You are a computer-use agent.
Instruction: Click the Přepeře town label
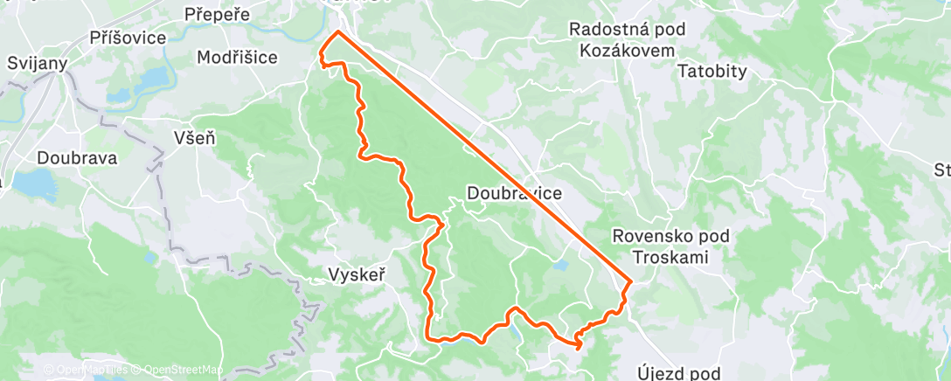click(218, 15)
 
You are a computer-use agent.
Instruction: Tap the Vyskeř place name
click(357, 274)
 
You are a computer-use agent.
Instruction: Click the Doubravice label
click(514, 192)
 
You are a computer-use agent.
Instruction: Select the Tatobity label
click(712, 72)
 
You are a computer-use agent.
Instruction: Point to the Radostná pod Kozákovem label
click(627, 39)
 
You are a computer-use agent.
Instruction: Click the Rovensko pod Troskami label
click(670, 246)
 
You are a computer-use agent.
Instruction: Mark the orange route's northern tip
click(337, 32)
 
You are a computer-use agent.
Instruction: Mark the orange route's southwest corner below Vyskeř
click(427, 337)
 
